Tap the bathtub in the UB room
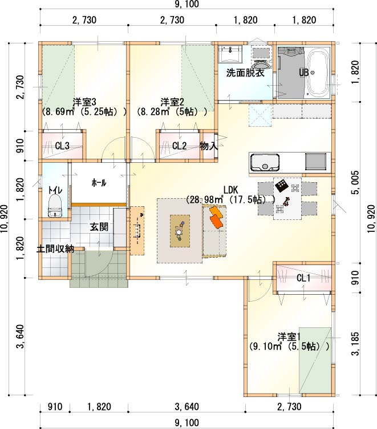tap(318, 73)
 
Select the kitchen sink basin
tap(265, 162)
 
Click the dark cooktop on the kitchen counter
tap(315, 162)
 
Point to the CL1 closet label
tap(303, 278)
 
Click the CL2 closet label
tap(179, 146)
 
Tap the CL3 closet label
tap(62, 146)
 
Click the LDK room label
tap(230, 190)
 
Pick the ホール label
tap(99, 183)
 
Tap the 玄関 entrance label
tap(99, 227)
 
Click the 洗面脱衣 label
tap(245, 73)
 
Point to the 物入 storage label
tap(209, 146)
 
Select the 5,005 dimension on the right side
tap(355, 182)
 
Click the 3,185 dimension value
tap(355, 344)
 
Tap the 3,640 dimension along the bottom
tap(187, 407)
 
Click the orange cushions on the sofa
tap(216, 217)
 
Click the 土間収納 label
tap(55, 249)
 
